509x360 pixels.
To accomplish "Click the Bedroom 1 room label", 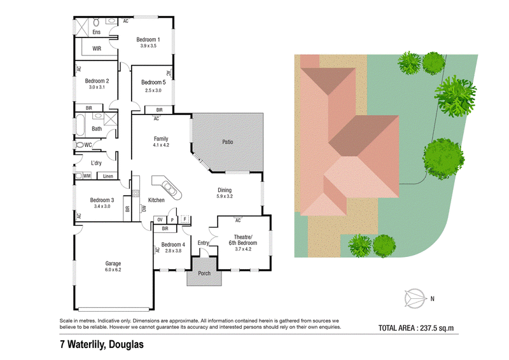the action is tap(148, 39).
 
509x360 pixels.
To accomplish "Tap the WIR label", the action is tap(97, 48).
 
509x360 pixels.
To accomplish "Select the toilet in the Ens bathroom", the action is tap(97, 22).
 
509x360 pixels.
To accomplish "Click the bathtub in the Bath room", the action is tap(80, 125).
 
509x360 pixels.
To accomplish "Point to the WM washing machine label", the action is tap(87, 176).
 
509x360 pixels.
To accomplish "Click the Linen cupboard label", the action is tap(108, 176).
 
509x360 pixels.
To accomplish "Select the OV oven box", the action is tap(160, 220).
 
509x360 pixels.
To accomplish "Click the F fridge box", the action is tap(185, 219).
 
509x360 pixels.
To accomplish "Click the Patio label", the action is tap(228, 142).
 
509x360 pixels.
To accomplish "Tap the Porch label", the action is tap(204, 273).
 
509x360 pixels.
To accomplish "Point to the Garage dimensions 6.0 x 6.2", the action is tap(113, 270).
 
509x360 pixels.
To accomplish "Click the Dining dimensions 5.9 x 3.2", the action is tap(225, 197).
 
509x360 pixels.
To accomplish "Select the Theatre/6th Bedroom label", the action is tap(243, 240).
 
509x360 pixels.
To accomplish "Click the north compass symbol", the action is tap(415, 298).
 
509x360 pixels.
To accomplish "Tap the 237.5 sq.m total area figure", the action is tap(437, 328).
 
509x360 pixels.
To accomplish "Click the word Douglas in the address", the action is tap(126, 345).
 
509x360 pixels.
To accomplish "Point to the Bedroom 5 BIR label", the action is tap(159, 110).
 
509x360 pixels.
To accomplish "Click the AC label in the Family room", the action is tap(156, 119).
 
